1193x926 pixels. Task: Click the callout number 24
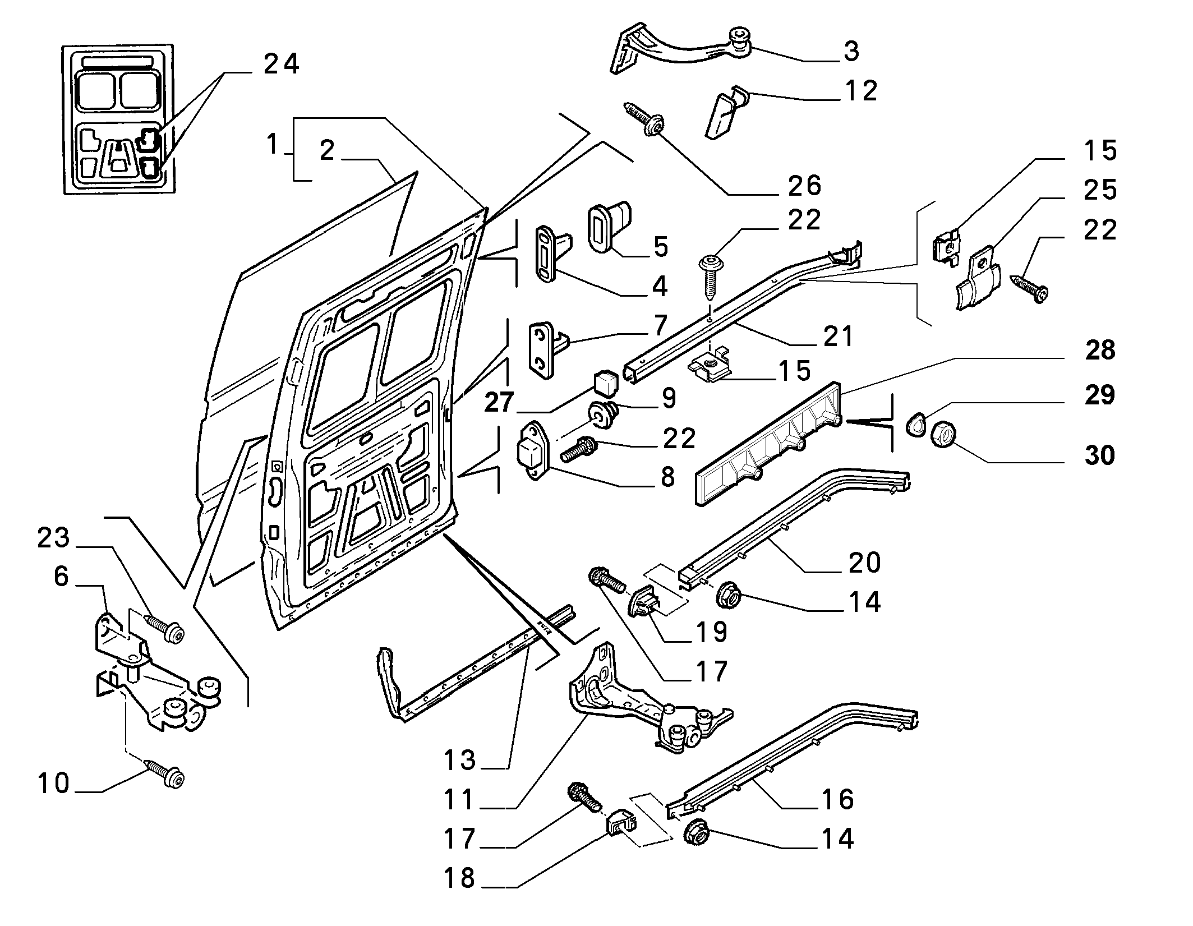pyautogui.click(x=282, y=64)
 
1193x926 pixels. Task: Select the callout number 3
pyautogui.click(x=851, y=51)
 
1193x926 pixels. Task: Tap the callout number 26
pyautogui.click(x=804, y=186)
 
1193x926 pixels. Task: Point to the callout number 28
pyautogui.click(x=1100, y=350)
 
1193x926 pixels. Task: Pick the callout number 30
pyautogui.click(x=1099, y=455)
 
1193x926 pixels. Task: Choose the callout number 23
pyautogui.click(x=54, y=538)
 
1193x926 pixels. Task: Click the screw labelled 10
pyautogui.click(x=166, y=773)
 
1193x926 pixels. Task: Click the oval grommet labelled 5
pyautogui.click(x=609, y=227)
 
